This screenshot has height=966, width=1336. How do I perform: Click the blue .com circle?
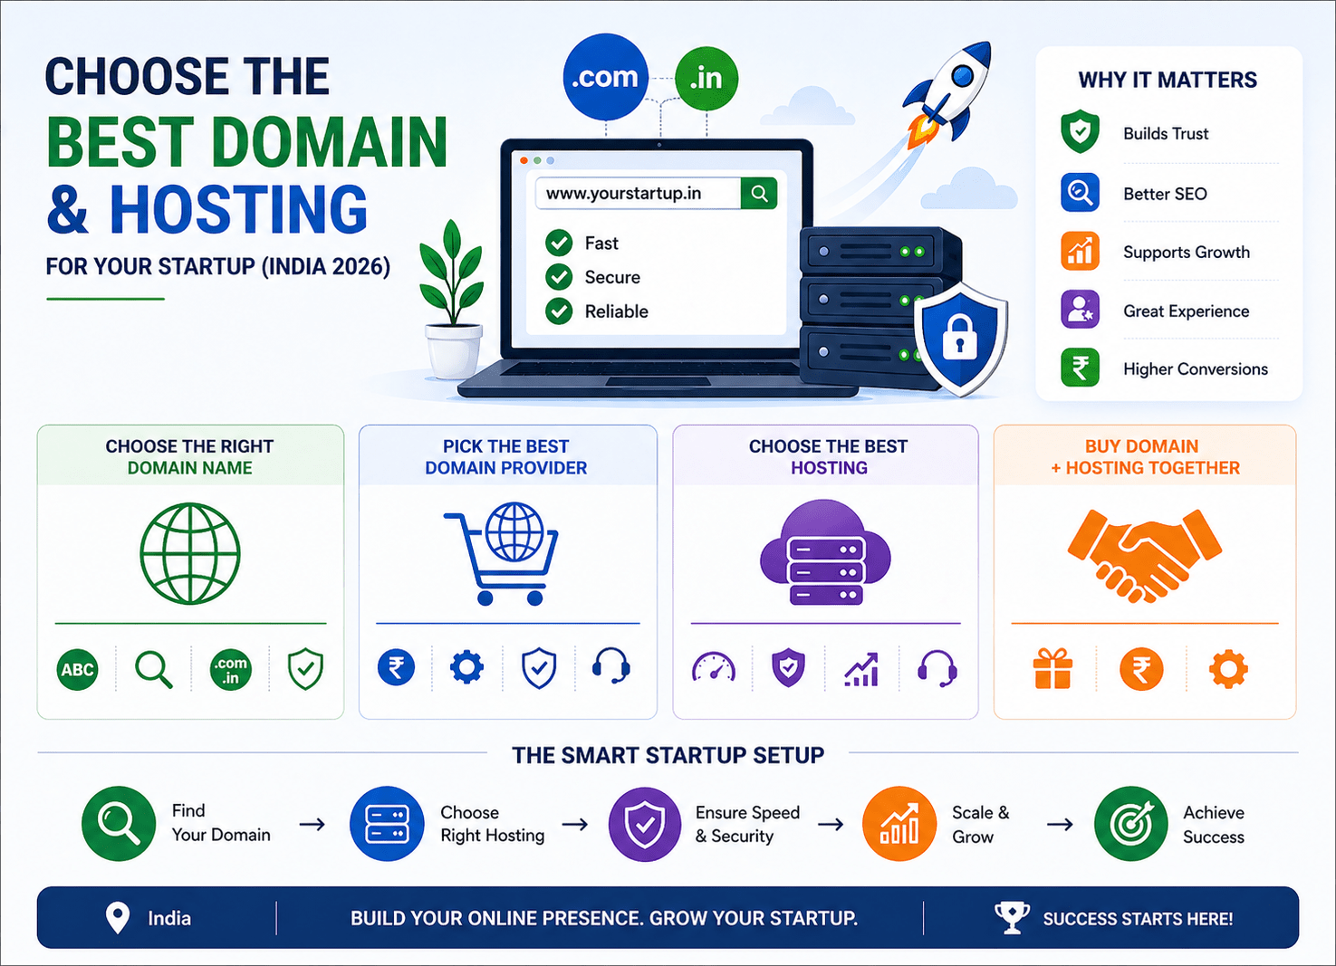605,77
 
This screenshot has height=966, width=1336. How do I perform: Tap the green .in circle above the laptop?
706,79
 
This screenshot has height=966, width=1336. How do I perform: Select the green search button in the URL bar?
759,193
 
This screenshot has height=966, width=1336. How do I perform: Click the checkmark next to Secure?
559,277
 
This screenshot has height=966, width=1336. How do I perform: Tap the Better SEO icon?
1080,193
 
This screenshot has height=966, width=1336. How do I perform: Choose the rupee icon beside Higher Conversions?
1080,368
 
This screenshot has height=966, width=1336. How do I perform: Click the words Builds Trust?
1165,134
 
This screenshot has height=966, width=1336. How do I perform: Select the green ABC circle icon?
77,670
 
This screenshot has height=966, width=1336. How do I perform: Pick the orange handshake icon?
1145,554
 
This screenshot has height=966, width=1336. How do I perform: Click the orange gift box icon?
1052,669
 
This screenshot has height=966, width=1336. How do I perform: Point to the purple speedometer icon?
714,669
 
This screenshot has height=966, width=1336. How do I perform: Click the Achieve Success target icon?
1130,824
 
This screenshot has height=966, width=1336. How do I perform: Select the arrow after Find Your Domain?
312,824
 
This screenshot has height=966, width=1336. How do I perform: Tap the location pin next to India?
118,917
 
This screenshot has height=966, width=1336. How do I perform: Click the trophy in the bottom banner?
1012,917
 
